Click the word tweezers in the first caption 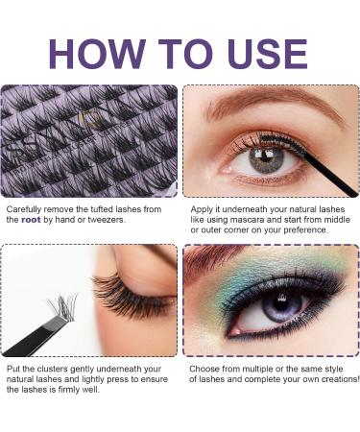click(103, 220)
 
